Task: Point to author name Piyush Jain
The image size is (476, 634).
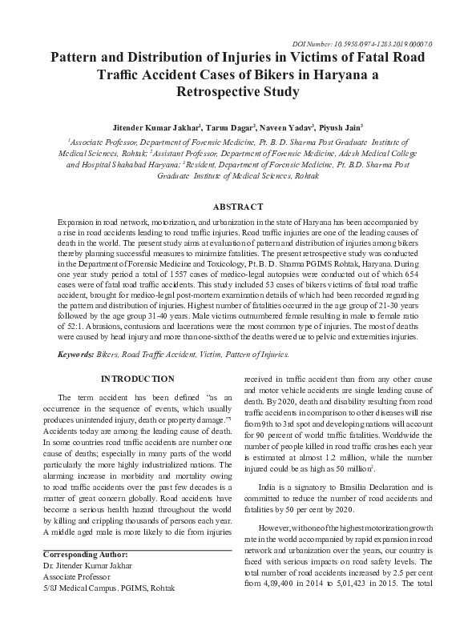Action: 342,126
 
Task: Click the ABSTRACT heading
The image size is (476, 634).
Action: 238,205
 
